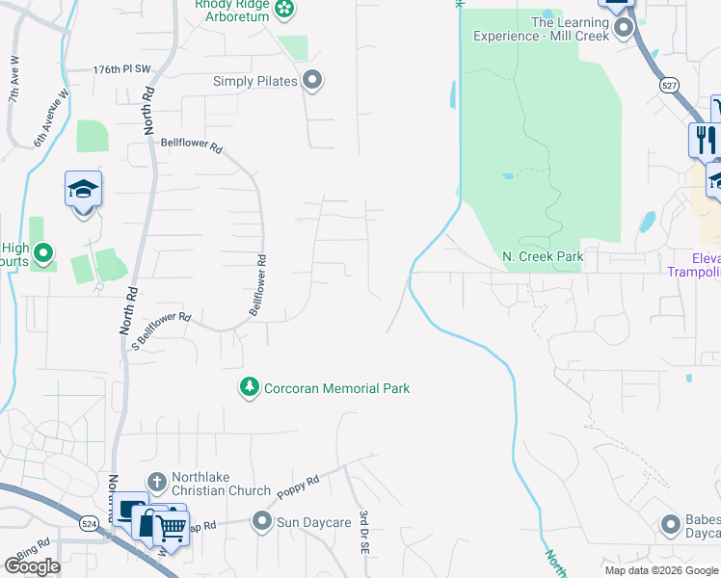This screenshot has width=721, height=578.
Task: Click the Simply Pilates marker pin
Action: [311, 81]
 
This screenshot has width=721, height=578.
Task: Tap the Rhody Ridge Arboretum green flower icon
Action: [284, 10]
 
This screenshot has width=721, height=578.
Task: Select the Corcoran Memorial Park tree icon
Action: [250, 388]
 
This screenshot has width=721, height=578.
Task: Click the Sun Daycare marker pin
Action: [261, 521]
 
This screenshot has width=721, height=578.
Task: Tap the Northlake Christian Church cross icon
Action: [157, 481]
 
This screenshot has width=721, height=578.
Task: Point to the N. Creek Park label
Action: [544, 257]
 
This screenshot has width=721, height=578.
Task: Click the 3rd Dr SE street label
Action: [365, 533]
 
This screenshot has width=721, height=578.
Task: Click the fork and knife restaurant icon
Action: [705, 140]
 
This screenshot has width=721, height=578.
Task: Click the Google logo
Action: [32, 565]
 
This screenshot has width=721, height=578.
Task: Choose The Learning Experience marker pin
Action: [624, 28]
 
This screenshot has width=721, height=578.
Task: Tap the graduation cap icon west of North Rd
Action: [84, 190]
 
